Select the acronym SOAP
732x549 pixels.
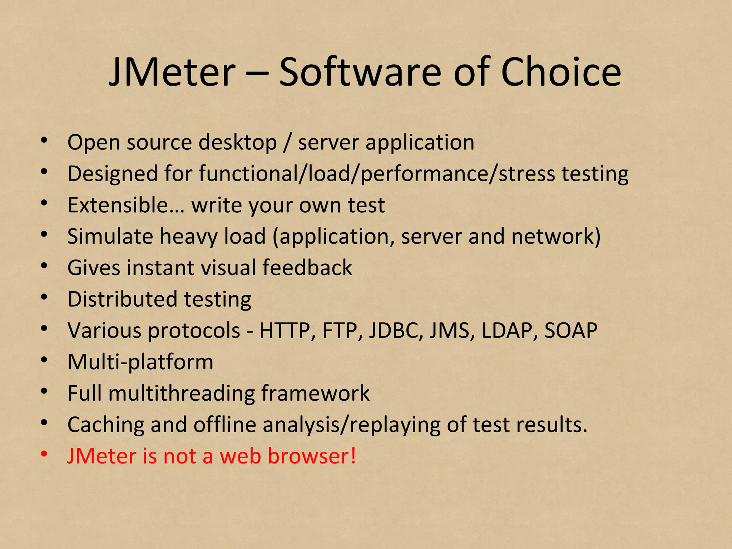coord(570,331)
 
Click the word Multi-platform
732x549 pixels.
coord(140,362)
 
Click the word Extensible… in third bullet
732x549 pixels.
coord(126,205)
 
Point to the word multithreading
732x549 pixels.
coord(181,394)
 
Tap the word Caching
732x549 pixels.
coord(106,425)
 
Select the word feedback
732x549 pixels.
coord(307,268)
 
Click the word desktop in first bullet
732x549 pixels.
coord(238,143)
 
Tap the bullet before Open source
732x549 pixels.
coord(44,140)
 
